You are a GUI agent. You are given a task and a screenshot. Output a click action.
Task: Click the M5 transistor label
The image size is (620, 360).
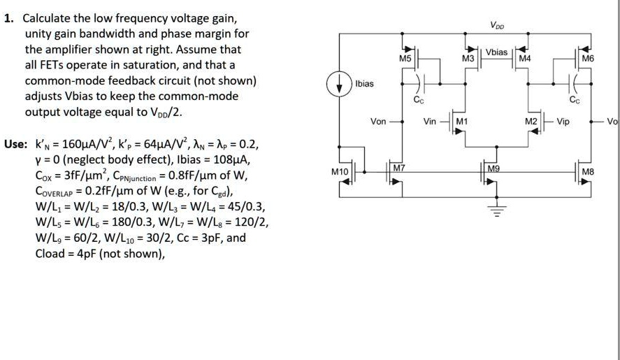tap(405, 60)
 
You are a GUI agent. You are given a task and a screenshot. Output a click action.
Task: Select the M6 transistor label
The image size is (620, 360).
tap(587, 60)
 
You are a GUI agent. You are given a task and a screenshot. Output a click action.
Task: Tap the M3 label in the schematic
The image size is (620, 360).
tap(469, 60)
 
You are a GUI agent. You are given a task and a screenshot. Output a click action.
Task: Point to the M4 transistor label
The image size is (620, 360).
tap(525, 60)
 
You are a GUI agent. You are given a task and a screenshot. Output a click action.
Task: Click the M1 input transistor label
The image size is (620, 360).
tap(461, 121)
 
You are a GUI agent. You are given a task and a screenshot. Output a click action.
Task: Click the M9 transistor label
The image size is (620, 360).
tap(493, 168)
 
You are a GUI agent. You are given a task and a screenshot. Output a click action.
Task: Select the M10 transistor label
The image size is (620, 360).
tap(340, 171)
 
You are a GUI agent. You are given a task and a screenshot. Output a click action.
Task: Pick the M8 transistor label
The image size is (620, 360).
tap(588, 171)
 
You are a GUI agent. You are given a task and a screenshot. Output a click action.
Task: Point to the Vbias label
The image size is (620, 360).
tap(497, 52)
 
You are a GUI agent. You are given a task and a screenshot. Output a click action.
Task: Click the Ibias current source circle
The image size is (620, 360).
tap(344, 83)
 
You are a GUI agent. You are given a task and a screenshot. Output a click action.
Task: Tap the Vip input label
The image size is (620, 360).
tap(563, 121)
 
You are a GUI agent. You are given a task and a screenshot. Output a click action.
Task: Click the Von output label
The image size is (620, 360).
tap(378, 121)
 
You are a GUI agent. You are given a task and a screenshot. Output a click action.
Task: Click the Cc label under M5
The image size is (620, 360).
tap(418, 101)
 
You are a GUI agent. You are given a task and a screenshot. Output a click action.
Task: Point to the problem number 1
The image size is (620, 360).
tap(7, 19)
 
